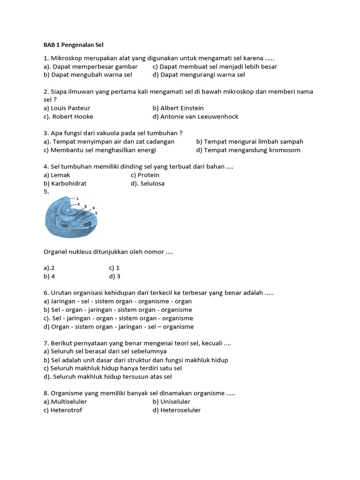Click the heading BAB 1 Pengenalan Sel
click(x=73, y=45)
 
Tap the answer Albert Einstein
click(x=182, y=108)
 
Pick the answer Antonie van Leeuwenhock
click(x=199, y=117)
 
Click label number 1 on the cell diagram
click(x=77, y=199)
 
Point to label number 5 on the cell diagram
click(x=96, y=213)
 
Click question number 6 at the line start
click(x=45, y=293)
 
